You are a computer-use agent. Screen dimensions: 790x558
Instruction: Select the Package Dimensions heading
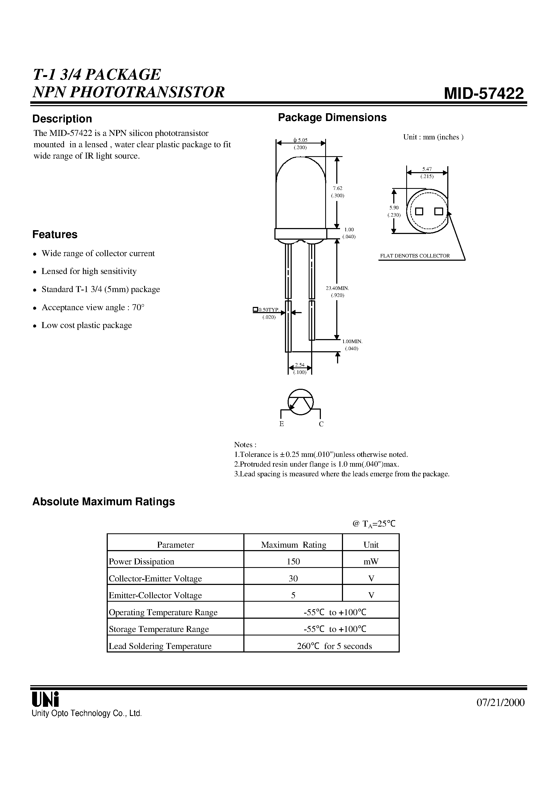pos(332,118)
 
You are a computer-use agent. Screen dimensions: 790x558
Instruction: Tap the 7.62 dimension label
pos(338,188)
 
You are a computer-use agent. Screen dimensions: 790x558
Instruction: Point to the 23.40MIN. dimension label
pos(338,288)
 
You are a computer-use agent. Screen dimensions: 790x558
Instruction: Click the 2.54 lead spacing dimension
pos(300,365)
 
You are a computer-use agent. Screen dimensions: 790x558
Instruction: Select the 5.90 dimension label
pos(394,208)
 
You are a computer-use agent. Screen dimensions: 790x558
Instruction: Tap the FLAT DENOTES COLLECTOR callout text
pos(415,256)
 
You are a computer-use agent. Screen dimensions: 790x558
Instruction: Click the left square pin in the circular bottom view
pos(419,211)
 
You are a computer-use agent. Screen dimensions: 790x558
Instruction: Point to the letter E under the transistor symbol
pos(281,424)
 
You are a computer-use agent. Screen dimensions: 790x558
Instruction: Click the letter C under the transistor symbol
pos(321,424)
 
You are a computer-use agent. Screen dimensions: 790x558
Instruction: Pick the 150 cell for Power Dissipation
pos(293,561)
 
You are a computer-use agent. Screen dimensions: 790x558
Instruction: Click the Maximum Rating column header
pos(293,545)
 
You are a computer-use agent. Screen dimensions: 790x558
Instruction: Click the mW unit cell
pos(371,561)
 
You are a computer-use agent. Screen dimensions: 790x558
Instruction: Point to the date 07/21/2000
pos(500,702)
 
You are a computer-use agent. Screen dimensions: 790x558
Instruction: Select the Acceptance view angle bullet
pos(93,307)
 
